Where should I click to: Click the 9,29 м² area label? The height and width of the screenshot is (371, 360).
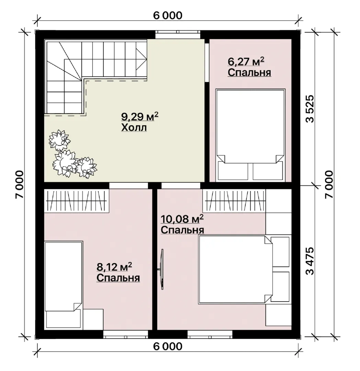[139, 117]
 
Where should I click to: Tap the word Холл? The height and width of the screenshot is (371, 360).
[134, 127]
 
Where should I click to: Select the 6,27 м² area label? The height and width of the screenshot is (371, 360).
[246, 61]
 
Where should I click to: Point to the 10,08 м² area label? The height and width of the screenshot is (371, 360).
[182, 219]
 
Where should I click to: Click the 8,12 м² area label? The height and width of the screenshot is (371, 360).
[114, 267]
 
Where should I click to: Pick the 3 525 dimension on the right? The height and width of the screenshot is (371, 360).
[310, 109]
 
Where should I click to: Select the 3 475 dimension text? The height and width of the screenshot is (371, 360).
[310, 261]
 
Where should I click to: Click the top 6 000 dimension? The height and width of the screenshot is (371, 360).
[168, 15]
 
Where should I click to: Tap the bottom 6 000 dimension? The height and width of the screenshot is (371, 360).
[168, 346]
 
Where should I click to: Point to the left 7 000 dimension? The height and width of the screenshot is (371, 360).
[19, 184]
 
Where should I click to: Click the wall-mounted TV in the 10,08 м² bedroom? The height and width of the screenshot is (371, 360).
[162, 269]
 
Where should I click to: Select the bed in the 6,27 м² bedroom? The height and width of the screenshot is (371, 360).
[250, 135]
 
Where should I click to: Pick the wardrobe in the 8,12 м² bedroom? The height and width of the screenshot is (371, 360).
[77, 200]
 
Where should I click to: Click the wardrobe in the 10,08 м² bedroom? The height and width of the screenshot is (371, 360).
[234, 201]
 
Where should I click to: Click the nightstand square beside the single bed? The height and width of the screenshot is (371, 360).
[93, 319]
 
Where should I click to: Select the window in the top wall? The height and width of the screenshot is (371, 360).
[178, 34]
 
